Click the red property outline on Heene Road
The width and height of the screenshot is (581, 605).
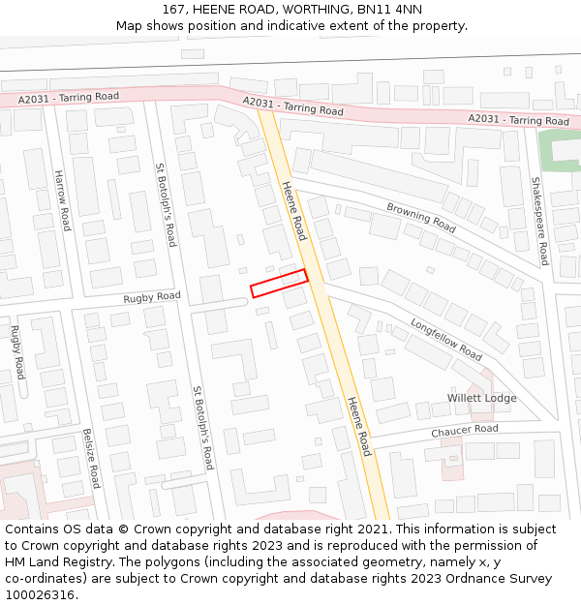(x=279, y=283)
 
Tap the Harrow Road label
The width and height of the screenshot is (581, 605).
(x=63, y=200)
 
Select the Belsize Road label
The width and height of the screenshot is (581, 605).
(x=91, y=458)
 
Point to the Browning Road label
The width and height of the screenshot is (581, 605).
(x=421, y=217)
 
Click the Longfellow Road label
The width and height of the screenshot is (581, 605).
(x=445, y=339)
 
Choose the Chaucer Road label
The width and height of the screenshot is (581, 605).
(x=465, y=429)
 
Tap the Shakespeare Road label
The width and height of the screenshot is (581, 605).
(x=539, y=221)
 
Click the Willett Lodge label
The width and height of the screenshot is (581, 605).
(x=481, y=398)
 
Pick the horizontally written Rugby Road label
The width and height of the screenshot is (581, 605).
(x=151, y=297)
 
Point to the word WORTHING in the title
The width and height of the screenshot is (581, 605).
(x=311, y=9)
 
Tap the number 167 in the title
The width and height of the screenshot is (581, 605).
(x=173, y=9)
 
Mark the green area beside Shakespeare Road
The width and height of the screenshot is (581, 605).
(x=558, y=151)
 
